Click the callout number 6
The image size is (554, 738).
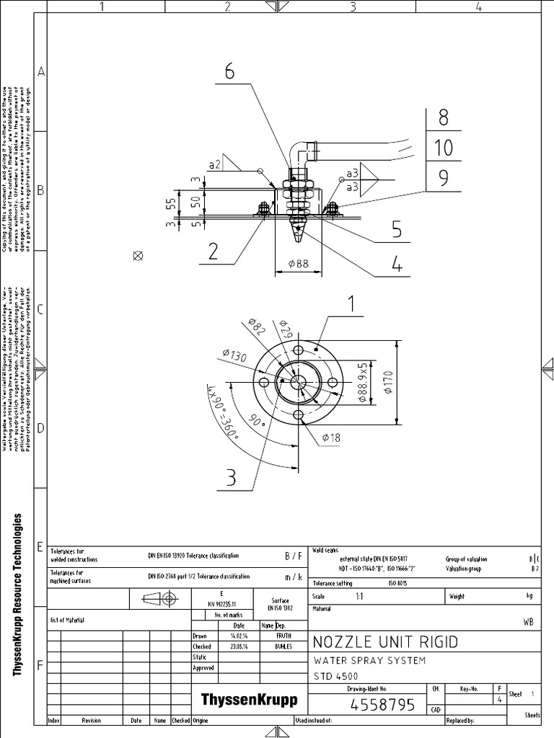pyautogui.click(x=229, y=72)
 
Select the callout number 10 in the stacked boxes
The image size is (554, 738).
pyautogui.click(x=444, y=148)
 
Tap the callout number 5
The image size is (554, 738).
pyautogui.click(x=396, y=230)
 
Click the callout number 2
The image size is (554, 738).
pyautogui.click(x=214, y=252)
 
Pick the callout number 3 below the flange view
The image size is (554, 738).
pyautogui.click(x=231, y=478)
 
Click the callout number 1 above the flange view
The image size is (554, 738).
pyautogui.click(x=352, y=306)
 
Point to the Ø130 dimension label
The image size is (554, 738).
pyautogui.click(x=235, y=356)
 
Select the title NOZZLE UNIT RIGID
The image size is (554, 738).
pyautogui.click(x=384, y=641)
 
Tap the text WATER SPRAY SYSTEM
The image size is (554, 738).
pyautogui.click(x=369, y=660)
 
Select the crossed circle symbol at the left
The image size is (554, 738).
pyautogui.click(x=138, y=255)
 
